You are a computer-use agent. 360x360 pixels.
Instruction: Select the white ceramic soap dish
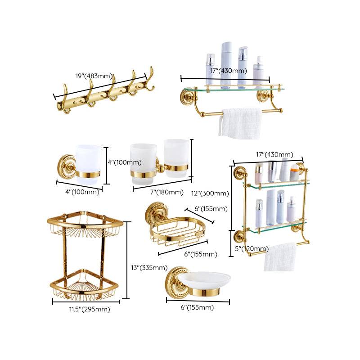(x=205, y=282)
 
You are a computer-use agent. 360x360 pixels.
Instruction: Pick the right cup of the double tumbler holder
(x=176, y=157)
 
